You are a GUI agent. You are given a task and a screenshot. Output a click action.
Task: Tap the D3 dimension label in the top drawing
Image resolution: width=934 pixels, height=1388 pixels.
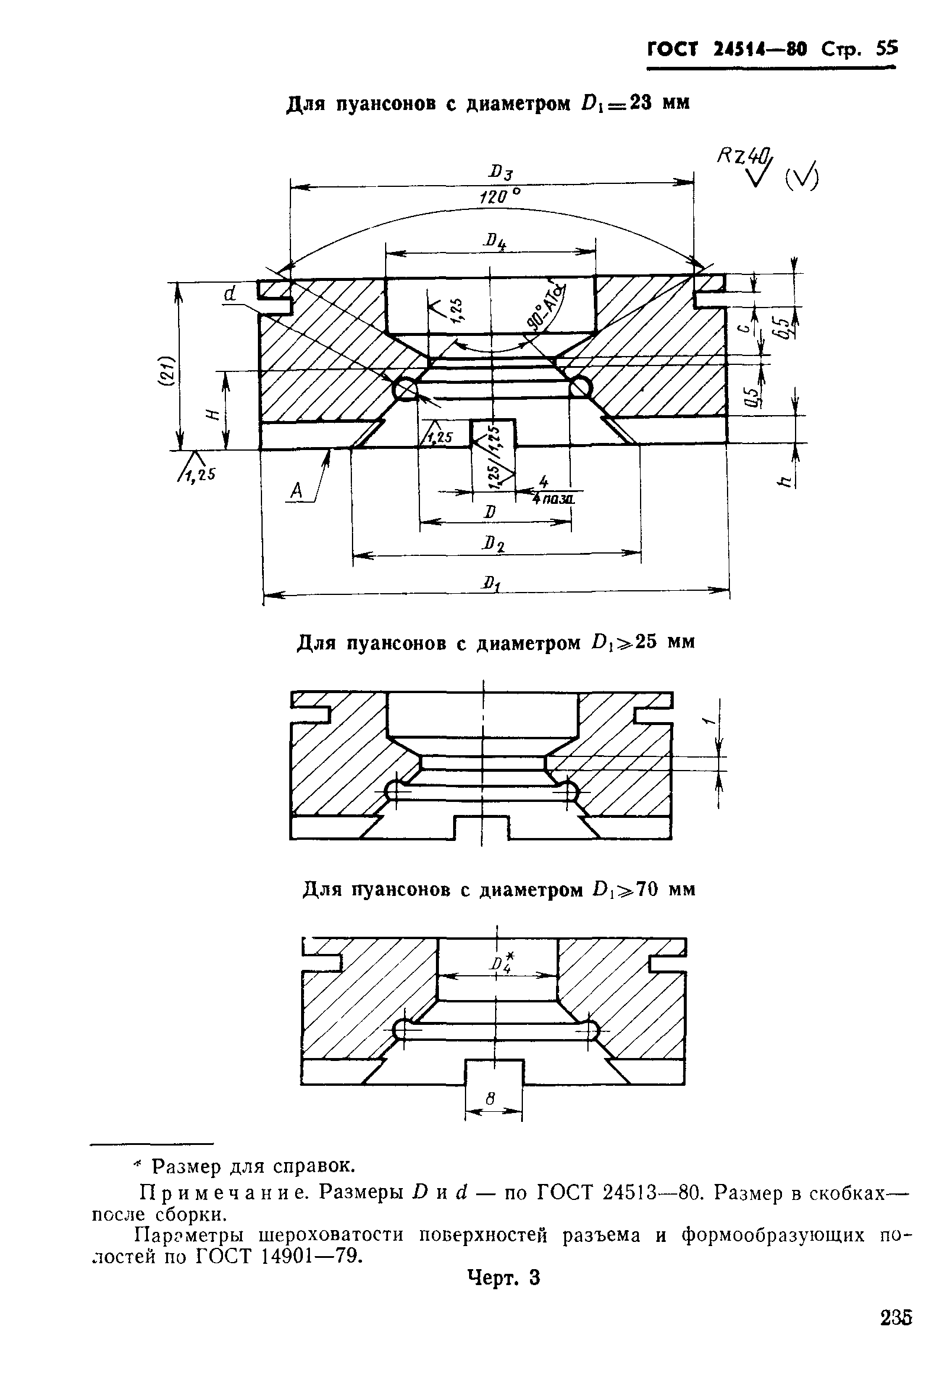(500, 174)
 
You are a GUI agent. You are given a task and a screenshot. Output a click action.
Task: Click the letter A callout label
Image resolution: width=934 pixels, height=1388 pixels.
(296, 491)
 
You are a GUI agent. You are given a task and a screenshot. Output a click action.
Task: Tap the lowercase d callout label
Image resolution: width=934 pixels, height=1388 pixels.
(230, 294)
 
